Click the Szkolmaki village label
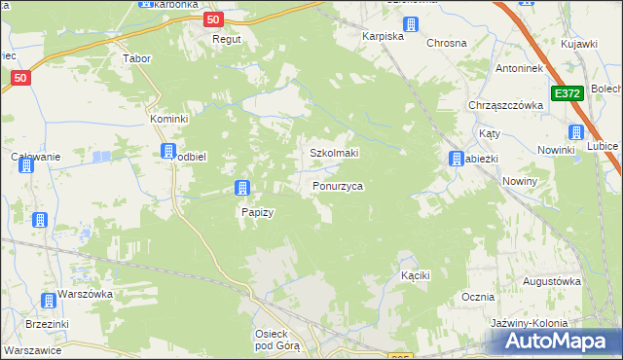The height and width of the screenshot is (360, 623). coord(334,153)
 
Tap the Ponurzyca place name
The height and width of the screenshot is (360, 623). coord(338,185)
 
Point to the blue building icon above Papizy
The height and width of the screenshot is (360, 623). coord(242,188)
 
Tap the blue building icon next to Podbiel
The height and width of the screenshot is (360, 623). coord(168,151)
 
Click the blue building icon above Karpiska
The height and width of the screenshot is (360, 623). coord(412,24)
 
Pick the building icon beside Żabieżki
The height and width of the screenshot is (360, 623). coord(455,159)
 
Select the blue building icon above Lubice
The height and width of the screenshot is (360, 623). coord(575,132)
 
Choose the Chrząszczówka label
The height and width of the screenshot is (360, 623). coord(504,105)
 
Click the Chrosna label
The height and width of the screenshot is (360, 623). coord(446,43)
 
